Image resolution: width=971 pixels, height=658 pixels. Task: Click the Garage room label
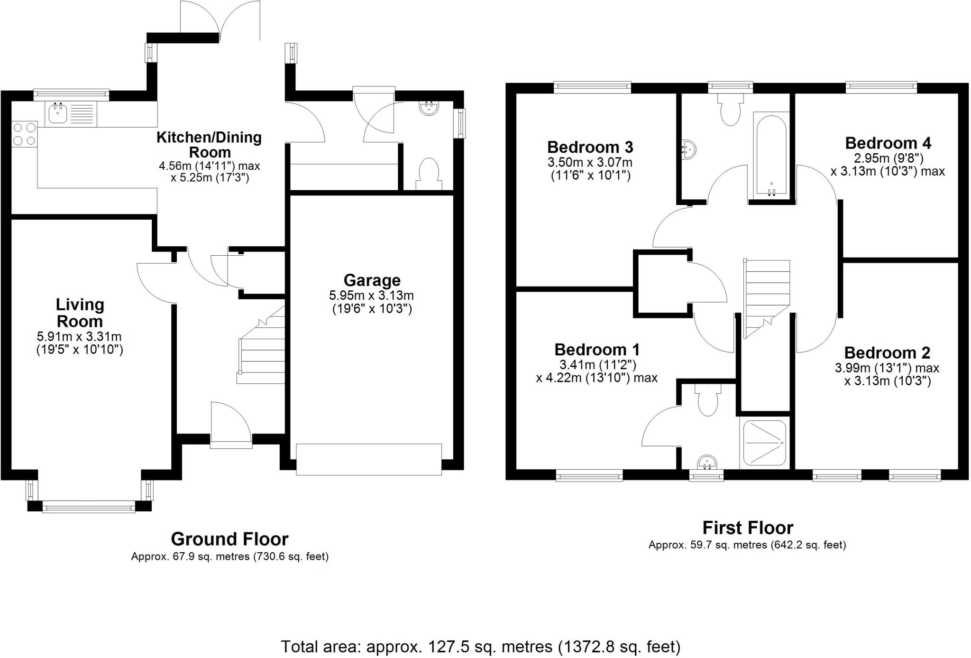[x=372, y=280]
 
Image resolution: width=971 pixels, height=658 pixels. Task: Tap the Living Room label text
[x=80, y=313]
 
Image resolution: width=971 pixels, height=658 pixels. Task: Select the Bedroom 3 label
[x=590, y=147]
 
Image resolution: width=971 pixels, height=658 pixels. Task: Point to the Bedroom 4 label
[x=888, y=143]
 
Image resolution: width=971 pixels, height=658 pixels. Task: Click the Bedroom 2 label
[x=887, y=352]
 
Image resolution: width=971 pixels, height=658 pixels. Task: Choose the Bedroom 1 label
[x=597, y=350]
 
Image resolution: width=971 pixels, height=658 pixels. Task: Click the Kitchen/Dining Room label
[x=209, y=145]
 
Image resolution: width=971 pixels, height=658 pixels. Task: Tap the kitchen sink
[x=58, y=113]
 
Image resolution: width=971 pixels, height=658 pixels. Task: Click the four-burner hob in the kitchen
[x=24, y=134]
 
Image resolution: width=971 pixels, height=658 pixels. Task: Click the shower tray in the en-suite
[x=764, y=443]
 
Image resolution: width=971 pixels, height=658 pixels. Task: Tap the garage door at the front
[x=369, y=459]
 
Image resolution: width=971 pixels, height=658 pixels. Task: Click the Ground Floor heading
[x=229, y=539]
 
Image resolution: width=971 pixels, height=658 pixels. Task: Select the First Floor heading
[x=747, y=528]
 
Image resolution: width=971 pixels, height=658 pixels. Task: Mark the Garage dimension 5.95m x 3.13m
[x=371, y=296]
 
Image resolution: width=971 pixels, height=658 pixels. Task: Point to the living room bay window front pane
[x=89, y=508]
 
